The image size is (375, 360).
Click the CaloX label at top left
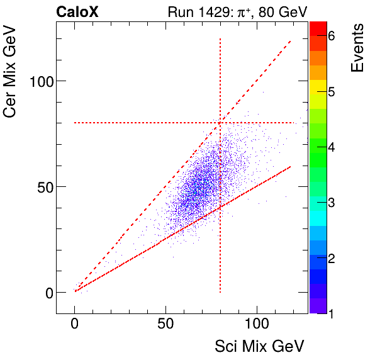77,11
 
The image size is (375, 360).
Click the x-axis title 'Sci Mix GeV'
259,346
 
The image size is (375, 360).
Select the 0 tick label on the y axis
47,292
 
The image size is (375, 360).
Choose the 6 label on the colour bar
331,37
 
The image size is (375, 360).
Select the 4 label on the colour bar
331,147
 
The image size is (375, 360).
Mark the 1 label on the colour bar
331,313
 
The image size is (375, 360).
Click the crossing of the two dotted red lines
220,123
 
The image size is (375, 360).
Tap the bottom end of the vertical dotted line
220,292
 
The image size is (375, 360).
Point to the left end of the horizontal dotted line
75,123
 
